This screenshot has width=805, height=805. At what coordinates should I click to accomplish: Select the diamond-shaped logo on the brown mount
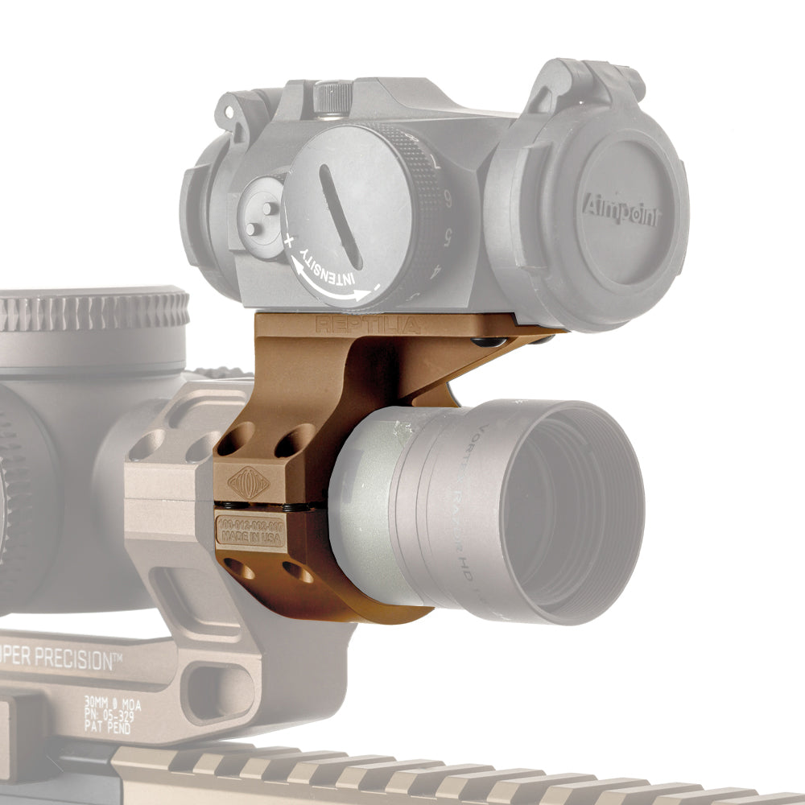[249, 483]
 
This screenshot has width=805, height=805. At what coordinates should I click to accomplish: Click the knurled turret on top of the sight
[332, 97]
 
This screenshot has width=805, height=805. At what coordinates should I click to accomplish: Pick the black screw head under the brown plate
[489, 342]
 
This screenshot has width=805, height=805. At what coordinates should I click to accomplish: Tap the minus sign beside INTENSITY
[374, 286]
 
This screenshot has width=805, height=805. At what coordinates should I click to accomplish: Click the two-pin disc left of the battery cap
[262, 218]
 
